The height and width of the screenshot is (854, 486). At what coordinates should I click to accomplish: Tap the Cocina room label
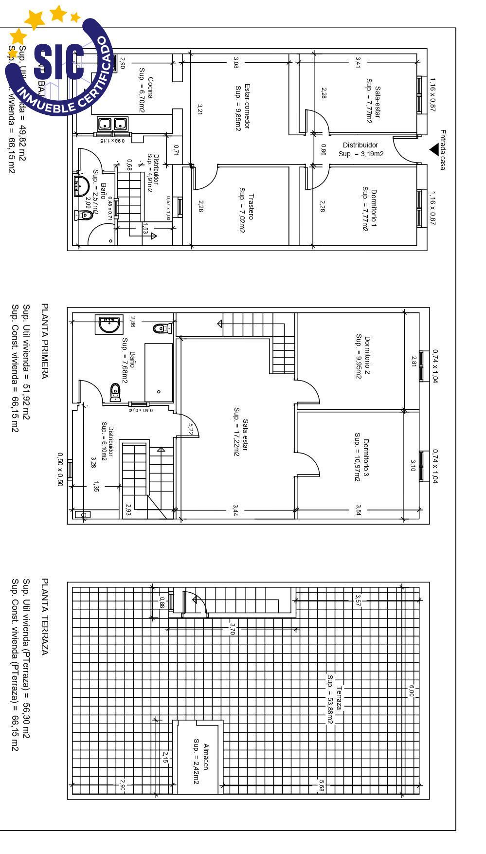(x=145, y=94)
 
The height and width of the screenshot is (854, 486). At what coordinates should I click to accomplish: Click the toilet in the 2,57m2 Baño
(x=84, y=215)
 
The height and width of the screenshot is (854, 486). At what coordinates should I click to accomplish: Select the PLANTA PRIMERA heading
(x=44, y=341)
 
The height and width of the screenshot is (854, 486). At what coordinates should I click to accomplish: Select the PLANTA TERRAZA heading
(x=44, y=617)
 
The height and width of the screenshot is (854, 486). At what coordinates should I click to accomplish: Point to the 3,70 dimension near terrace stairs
(x=233, y=629)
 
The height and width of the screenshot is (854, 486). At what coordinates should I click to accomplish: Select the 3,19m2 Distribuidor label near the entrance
(x=360, y=149)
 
